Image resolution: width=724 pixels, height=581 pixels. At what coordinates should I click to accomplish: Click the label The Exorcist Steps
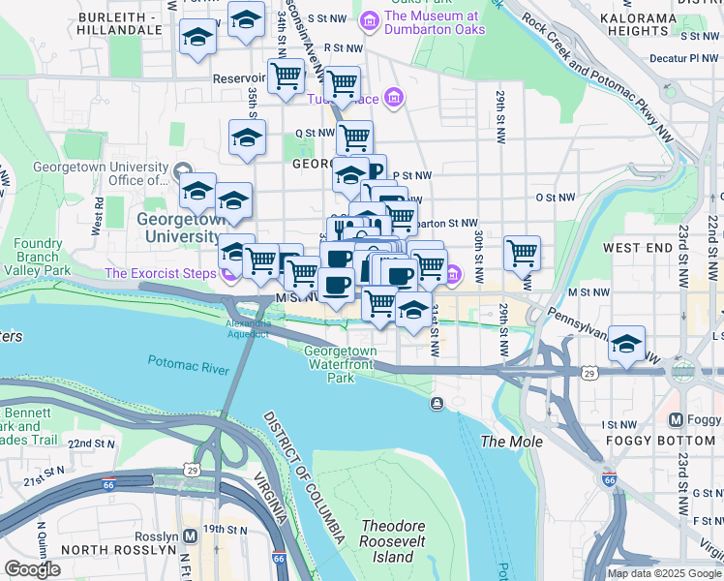160,273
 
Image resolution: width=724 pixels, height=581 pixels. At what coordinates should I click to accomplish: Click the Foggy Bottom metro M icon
678,420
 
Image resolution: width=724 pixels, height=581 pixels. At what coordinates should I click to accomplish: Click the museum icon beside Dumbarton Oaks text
369,19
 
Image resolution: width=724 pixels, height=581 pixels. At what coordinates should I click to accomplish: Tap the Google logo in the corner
32,568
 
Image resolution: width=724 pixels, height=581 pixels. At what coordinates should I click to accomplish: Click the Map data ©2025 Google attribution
664,573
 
